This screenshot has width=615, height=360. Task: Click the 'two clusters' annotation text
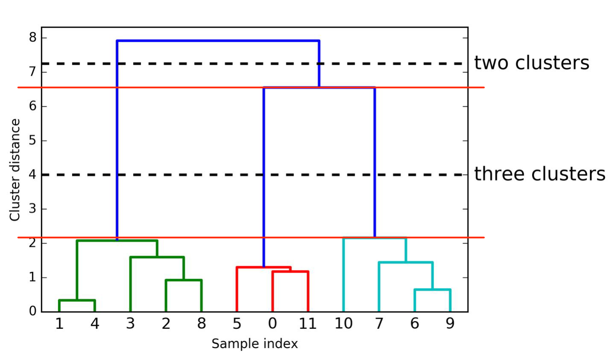pos(531,63)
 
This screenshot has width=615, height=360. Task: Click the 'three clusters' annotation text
pos(539,174)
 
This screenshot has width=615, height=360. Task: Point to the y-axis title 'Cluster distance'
pos(15,170)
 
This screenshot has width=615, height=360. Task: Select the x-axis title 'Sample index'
pos(254,344)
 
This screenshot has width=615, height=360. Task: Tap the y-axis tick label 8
pos(33,38)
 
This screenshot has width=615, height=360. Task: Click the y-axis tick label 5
pos(33,140)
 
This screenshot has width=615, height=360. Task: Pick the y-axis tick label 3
pos(33,209)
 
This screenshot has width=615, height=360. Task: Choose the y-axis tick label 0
pos(33,311)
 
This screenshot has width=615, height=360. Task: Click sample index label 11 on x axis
pos(308,324)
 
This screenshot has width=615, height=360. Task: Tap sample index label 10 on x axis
pos(343,324)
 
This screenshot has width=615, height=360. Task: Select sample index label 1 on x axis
pos(59,324)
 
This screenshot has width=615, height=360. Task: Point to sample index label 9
pos(450,324)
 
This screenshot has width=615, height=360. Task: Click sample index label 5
pos(237,324)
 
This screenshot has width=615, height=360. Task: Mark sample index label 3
pos(130,324)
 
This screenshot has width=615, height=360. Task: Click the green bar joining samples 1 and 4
pos(77,301)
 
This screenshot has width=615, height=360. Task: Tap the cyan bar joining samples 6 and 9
pos(432,290)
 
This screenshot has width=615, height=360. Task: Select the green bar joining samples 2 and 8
pos(184,280)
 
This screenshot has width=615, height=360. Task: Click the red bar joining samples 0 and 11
pos(290,272)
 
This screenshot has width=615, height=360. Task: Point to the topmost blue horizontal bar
pos(218,41)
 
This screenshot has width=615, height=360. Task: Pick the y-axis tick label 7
pos(33,72)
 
